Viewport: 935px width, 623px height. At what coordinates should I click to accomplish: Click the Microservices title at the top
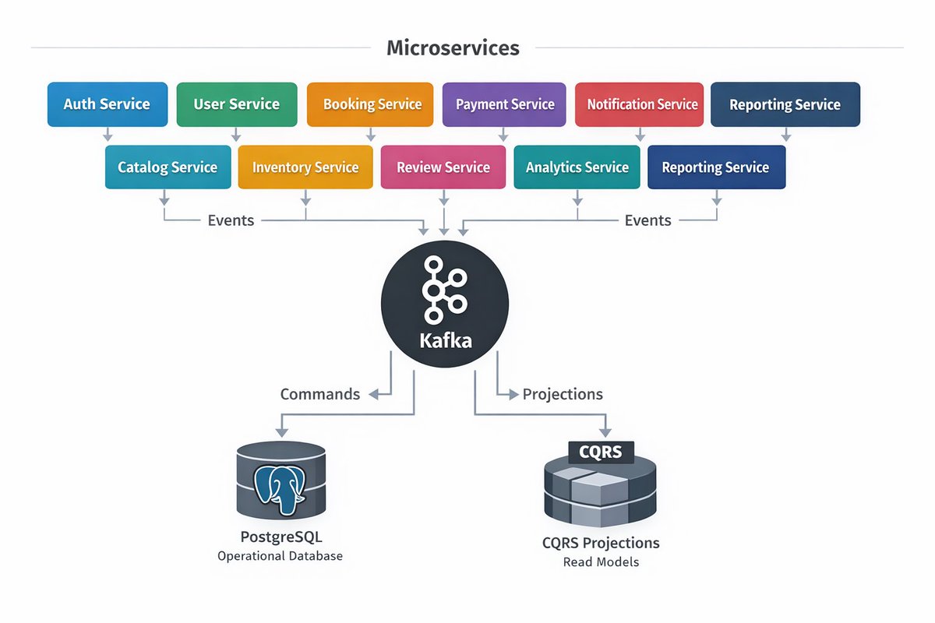click(x=453, y=48)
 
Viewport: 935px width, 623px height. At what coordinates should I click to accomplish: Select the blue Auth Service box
click(x=108, y=104)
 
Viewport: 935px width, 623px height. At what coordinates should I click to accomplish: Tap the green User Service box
click(x=237, y=104)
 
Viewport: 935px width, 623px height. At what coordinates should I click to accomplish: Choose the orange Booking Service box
click(x=370, y=104)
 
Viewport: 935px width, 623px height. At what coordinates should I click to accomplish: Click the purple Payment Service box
click(x=505, y=104)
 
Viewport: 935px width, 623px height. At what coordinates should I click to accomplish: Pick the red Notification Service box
click(x=640, y=104)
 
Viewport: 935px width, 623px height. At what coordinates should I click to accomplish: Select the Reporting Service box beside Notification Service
click(x=785, y=104)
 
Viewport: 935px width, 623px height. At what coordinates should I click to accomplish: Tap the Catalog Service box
click(x=168, y=167)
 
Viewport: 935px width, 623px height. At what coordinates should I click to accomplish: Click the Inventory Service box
click(x=305, y=167)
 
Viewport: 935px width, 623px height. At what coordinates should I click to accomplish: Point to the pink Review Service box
click(x=443, y=167)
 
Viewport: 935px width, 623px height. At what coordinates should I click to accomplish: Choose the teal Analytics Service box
click(x=577, y=167)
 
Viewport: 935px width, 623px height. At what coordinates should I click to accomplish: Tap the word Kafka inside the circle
click(x=445, y=340)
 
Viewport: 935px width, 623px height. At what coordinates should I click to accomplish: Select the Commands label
click(x=320, y=394)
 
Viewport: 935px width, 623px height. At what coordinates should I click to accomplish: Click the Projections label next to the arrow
click(x=563, y=394)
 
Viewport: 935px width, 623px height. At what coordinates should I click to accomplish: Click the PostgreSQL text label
click(x=280, y=537)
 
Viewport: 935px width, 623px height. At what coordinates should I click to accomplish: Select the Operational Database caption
click(x=280, y=556)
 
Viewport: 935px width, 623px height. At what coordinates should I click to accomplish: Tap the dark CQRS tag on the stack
click(x=600, y=452)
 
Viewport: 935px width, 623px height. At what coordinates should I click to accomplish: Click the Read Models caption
click(x=600, y=561)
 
